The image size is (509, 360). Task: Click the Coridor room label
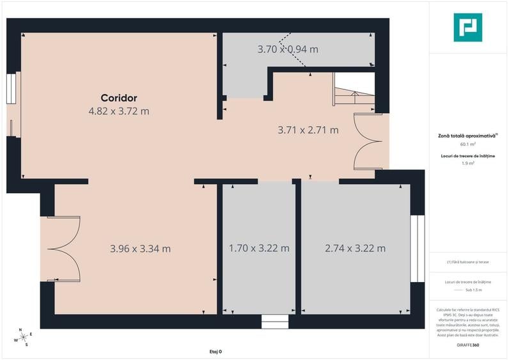click(119, 98)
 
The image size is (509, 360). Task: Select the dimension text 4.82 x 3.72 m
click(119, 111)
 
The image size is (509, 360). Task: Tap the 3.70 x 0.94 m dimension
click(288, 49)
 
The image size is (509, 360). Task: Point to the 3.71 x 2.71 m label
click(308, 130)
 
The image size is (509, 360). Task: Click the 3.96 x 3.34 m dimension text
click(140, 248)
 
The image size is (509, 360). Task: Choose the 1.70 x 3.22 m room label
click(259, 248)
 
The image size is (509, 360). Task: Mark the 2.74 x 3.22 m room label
click(355, 248)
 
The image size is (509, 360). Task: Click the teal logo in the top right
click(467, 27)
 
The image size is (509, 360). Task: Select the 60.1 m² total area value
click(467, 145)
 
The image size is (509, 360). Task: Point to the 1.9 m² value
click(467, 164)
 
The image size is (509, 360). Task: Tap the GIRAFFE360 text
click(467, 345)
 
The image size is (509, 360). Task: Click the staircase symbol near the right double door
click(353, 93)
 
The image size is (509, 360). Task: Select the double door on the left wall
click(61, 249)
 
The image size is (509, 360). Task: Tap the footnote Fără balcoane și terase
click(467, 262)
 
